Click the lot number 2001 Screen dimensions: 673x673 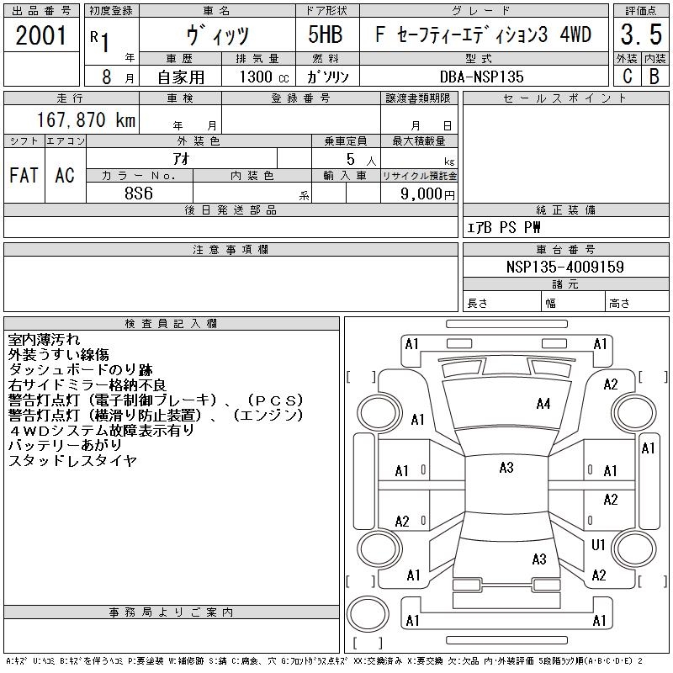[x=41, y=35]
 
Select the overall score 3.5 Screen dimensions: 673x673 [x=641, y=34]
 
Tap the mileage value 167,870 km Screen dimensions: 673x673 [x=86, y=119]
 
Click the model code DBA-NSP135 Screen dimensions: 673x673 [x=481, y=77]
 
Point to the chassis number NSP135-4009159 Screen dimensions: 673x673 [x=564, y=267]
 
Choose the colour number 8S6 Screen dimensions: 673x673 [x=139, y=193]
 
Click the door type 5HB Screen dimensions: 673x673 [x=326, y=34]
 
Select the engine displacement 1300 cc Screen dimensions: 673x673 [x=264, y=77]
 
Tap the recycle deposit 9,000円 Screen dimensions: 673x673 [x=427, y=193]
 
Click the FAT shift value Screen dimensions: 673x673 [x=24, y=175]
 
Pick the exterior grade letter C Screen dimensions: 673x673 [x=627, y=77]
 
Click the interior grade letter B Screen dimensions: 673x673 [x=654, y=77]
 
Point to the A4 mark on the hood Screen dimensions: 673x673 [x=543, y=404]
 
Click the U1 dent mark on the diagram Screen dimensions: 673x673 [x=598, y=545]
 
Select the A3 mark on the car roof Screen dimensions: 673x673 [x=506, y=468]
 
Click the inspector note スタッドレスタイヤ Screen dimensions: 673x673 [x=72, y=460]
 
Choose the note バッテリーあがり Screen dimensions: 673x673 [x=65, y=445]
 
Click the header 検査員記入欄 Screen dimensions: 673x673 [x=171, y=324]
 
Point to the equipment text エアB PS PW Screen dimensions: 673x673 [x=503, y=227]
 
